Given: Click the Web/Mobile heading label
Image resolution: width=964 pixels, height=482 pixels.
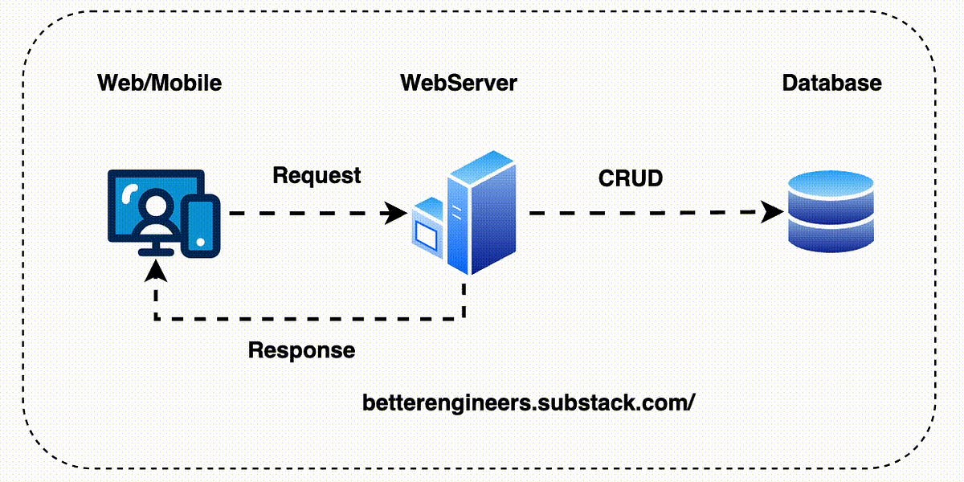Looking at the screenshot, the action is [160, 83].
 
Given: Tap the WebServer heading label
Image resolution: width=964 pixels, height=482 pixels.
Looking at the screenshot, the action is [459, 83].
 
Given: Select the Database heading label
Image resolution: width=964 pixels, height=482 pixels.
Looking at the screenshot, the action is [832, 83].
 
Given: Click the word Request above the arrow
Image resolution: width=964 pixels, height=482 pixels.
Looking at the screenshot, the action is [317, 176].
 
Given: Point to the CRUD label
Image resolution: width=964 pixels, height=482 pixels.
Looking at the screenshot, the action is [631, 178].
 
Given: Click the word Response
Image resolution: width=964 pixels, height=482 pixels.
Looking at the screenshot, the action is [302, 350].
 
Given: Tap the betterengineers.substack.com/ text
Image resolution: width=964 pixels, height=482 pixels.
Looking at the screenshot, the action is [529, 402].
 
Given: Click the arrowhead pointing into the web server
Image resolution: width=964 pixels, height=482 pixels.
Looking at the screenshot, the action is [394, 213].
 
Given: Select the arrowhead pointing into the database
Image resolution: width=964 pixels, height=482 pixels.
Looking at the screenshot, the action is [771, 212].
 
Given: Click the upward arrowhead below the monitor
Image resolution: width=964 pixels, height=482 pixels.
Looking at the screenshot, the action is [156, 272].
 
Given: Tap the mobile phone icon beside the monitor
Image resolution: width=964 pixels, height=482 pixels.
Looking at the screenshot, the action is [201, 227].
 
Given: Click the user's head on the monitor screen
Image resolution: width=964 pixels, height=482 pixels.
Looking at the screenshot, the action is [154, 203].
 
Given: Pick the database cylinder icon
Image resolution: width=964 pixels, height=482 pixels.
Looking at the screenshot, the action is [831, 211].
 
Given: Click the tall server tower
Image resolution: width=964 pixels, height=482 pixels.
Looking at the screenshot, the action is [481, 213].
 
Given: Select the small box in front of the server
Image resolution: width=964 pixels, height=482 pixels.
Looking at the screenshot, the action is [427, 228].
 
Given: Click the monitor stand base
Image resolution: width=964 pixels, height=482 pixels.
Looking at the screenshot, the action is [155, 252].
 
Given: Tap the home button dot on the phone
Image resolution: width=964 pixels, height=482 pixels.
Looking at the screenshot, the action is [201, 243].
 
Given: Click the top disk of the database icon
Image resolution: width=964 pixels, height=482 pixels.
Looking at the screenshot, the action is [831, 185].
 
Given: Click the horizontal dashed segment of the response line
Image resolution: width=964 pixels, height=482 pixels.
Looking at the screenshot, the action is [309, 319].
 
